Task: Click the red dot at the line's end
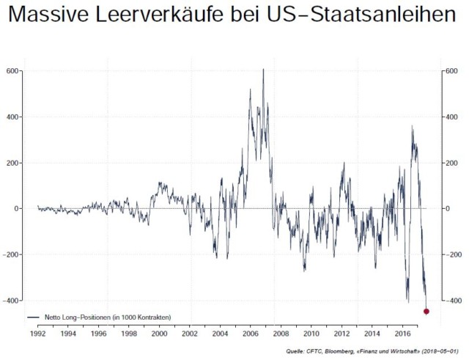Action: point(426,312)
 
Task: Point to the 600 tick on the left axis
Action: point(13,71)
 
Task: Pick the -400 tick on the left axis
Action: point(11,301)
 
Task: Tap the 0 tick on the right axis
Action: point(446,209)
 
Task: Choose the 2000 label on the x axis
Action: point(159,334)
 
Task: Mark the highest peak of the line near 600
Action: point(263,70)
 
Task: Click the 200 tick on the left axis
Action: point(13,163)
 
